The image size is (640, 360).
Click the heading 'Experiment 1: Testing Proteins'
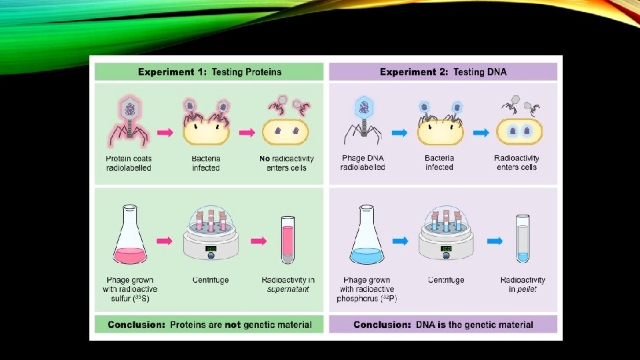click(209, 72)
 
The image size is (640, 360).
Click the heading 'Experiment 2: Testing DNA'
click(443, 72)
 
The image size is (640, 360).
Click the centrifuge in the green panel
click(211, 237)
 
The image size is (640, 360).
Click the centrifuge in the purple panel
click(446, 237)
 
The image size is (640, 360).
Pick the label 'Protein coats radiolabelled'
click(129, 163)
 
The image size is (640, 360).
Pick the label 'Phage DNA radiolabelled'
click(363, 163)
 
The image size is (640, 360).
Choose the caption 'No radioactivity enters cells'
click(287, 163)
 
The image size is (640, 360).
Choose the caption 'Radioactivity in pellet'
click(523, 285)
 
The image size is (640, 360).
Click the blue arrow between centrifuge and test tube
click(494, 240)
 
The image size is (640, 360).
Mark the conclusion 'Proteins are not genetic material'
click(209, 325)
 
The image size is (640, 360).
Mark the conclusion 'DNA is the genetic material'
click(443, 325)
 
